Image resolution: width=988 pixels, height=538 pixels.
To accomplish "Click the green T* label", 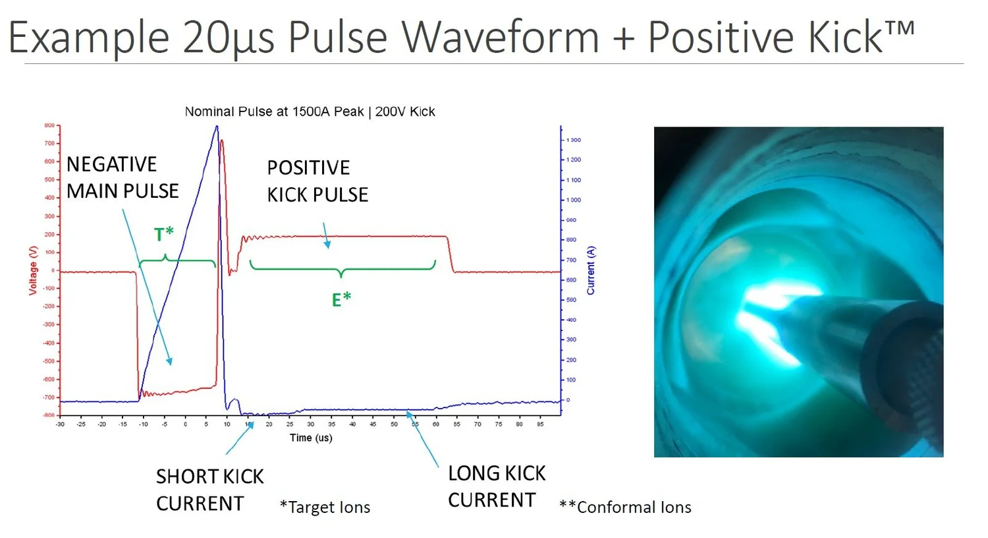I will (164, 234).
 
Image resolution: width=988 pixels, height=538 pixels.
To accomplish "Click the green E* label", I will (341, 300).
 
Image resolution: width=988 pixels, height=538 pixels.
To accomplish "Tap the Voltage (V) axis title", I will (33, 270).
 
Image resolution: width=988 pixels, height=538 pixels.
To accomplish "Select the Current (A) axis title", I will (591, 270).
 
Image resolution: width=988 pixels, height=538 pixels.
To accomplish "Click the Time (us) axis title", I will (311, 438).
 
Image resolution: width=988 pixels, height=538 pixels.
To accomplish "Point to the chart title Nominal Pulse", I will (310, 111).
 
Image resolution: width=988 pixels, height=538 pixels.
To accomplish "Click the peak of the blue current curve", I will (216, 127).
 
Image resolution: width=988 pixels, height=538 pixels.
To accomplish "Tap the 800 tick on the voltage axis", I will (49, 125).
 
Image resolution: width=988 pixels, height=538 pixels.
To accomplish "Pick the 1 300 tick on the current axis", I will (574, 140).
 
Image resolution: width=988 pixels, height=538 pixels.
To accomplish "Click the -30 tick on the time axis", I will (60, 424).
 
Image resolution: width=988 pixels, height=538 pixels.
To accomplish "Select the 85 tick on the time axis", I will (540, 424).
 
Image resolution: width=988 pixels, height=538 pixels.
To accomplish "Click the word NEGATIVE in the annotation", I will (111, 164).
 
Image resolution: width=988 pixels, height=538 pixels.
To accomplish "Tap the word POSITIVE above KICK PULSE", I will (308, 168).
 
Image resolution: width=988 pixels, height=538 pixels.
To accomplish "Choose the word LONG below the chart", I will (468, 473).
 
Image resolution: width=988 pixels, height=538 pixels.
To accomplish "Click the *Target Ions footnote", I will (325, 507).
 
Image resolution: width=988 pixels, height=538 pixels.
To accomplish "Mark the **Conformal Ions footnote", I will (625, 507).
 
